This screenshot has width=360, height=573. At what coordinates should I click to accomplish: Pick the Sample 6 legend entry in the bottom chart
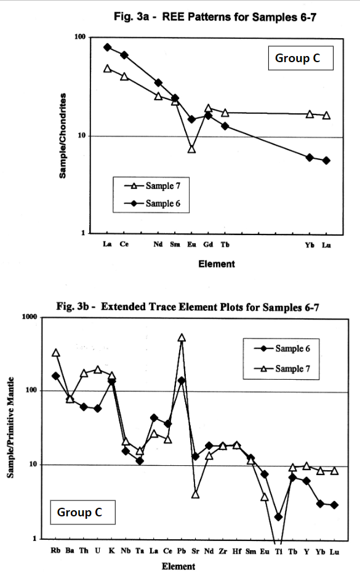[x=284, y=348]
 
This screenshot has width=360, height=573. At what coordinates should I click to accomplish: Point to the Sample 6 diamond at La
[x=107, y=47]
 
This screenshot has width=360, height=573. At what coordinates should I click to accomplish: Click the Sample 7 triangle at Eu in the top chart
[x=192, y=149]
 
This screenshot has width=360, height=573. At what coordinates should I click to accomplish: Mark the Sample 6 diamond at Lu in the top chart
[x=326, y=161]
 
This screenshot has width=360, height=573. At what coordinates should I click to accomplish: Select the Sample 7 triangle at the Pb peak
[x=182, y=338]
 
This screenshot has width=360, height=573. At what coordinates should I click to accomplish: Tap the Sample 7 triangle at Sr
[x=196, y=494]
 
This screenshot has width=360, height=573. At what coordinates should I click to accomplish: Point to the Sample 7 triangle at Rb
[x=56, y=353]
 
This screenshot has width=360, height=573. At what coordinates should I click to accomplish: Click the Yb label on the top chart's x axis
[x=310, y=244]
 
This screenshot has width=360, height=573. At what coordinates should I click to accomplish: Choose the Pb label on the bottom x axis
[x=182, y=550]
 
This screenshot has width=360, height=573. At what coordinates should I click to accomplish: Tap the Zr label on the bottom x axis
[x=223, y=550]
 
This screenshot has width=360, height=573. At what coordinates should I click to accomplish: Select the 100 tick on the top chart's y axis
[x=79, y=38]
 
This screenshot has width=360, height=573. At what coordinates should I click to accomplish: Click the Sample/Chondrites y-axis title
[x=63, y=136]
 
